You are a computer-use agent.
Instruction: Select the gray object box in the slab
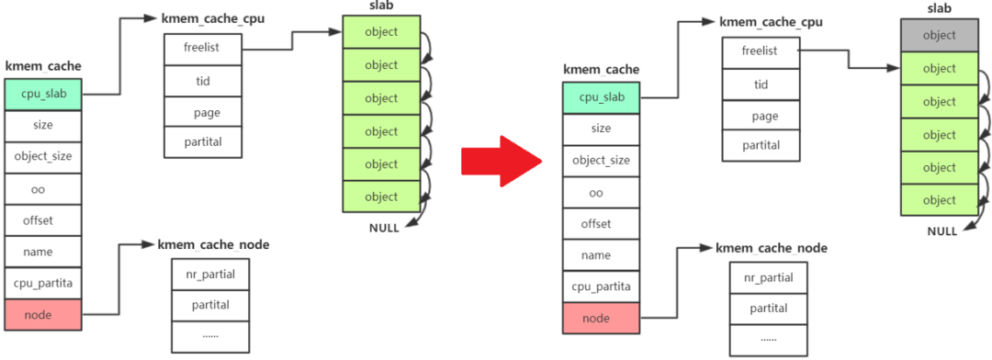[x=939, y=36]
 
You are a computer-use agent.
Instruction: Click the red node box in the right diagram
[x=601, y=318]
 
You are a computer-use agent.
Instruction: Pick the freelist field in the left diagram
[x=200, y=48]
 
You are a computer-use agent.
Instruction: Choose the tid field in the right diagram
[x=759, y=84]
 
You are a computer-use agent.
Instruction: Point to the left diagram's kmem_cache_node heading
[x=213, y=245]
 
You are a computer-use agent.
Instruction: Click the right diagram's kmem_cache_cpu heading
[x=771, y=21]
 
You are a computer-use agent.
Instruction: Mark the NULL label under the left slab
[x=384, y=228]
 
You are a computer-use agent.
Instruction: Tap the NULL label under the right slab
[x=941, y=231]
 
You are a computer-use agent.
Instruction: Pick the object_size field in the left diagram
[x=43, y=157]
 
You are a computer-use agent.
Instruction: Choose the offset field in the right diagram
[x=601, y=223]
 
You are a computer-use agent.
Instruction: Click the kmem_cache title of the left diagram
[x=43, y=66]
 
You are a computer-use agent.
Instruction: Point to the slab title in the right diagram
[x=939, y=7]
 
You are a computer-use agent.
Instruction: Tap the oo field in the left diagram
[x=43, y=189]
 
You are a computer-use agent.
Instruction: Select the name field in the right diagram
[x=601, y=254]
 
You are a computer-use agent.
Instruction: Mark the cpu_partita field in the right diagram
[x=601, y=287]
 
